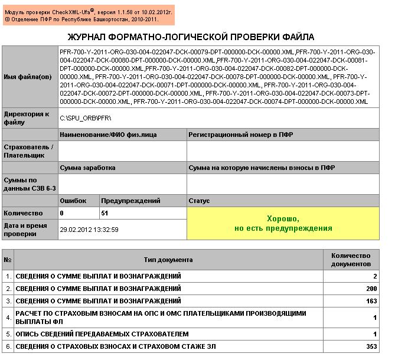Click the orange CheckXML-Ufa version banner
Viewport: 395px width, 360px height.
89,15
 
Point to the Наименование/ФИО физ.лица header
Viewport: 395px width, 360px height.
108,135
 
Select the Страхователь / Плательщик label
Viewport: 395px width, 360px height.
28,150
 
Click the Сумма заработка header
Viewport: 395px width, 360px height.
87,168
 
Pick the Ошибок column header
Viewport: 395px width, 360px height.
73,201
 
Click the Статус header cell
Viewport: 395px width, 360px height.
200,201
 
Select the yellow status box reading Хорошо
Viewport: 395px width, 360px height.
283,224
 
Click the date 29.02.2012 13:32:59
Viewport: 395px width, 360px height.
89,229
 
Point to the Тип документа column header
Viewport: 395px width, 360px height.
168,260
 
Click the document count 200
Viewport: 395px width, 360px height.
371,289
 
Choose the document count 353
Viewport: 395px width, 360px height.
371,346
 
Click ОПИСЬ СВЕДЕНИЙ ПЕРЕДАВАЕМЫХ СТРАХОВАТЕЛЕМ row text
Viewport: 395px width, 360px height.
102,333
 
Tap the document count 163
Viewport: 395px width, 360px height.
371,301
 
